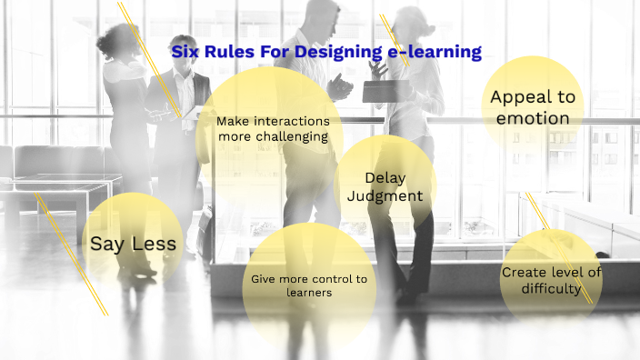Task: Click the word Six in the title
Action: click(x=185, y=52)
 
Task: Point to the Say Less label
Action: click(x=133, y=244)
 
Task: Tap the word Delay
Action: click(x=385, y=177)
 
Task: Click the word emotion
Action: click(x=533, y=118)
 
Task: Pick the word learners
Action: click(x=309, y=293)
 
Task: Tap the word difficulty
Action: click(x=550, y=289)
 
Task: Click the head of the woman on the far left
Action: click(x=121, y=38)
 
